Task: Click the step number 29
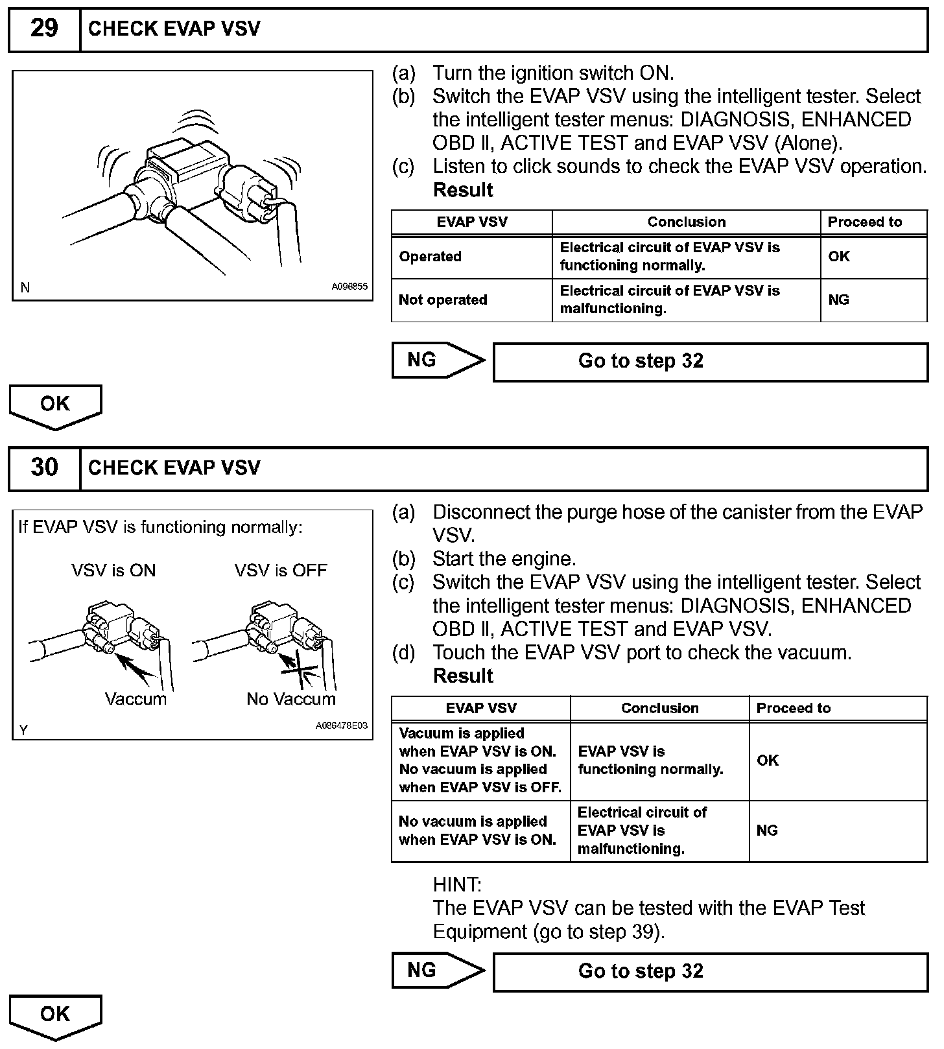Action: [44, 29]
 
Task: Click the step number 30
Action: [44, 467]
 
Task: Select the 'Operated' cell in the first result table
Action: [431, 257]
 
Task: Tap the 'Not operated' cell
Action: [443, 300]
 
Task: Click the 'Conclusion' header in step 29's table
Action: [686, 222]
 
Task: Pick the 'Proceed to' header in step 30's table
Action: [793, 708]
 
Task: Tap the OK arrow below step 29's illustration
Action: [55, 405]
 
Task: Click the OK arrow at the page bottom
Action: [55, 1015]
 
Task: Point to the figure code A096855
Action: [349, 286]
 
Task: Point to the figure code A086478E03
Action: [341, 725]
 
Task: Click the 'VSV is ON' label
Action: [113, 571]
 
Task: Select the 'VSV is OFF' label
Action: [281, 571]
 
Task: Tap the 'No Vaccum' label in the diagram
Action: [291, 699]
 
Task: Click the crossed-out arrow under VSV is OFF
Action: [300, 670]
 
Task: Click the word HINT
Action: [457, 884]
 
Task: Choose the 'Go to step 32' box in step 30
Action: [710, 972]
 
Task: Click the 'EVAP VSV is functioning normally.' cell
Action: [650, 760]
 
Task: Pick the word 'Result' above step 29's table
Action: [463, 191]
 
